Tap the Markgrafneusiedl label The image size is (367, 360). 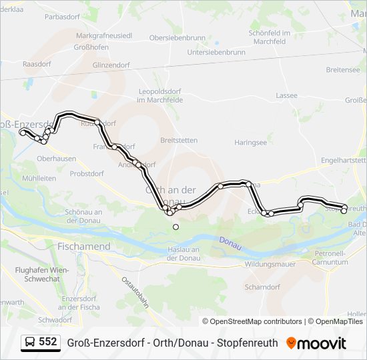[x=105, y=35]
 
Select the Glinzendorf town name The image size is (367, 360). [x=111, y=65]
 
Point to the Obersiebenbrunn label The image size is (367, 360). [x=177, y=37]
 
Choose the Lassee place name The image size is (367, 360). [x=286, y=95]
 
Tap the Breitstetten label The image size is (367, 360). [x=179, y=140]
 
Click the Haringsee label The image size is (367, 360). [x=250, y=143]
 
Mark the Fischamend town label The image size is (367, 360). [x=84, y=246]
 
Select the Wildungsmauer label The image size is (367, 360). [x=271, y=265]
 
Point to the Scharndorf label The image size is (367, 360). [x=262, y=287]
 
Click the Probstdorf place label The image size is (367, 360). [x=87, y=173]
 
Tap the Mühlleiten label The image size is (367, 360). [x=39, y=179]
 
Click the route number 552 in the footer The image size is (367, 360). [x=47, y=342]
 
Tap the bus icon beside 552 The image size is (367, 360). [x=31, y=343]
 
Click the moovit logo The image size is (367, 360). [x=316, y=343]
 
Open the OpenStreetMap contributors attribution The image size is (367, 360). [x=252, y=321]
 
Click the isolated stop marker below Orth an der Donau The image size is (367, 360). [x=176, y=227]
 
